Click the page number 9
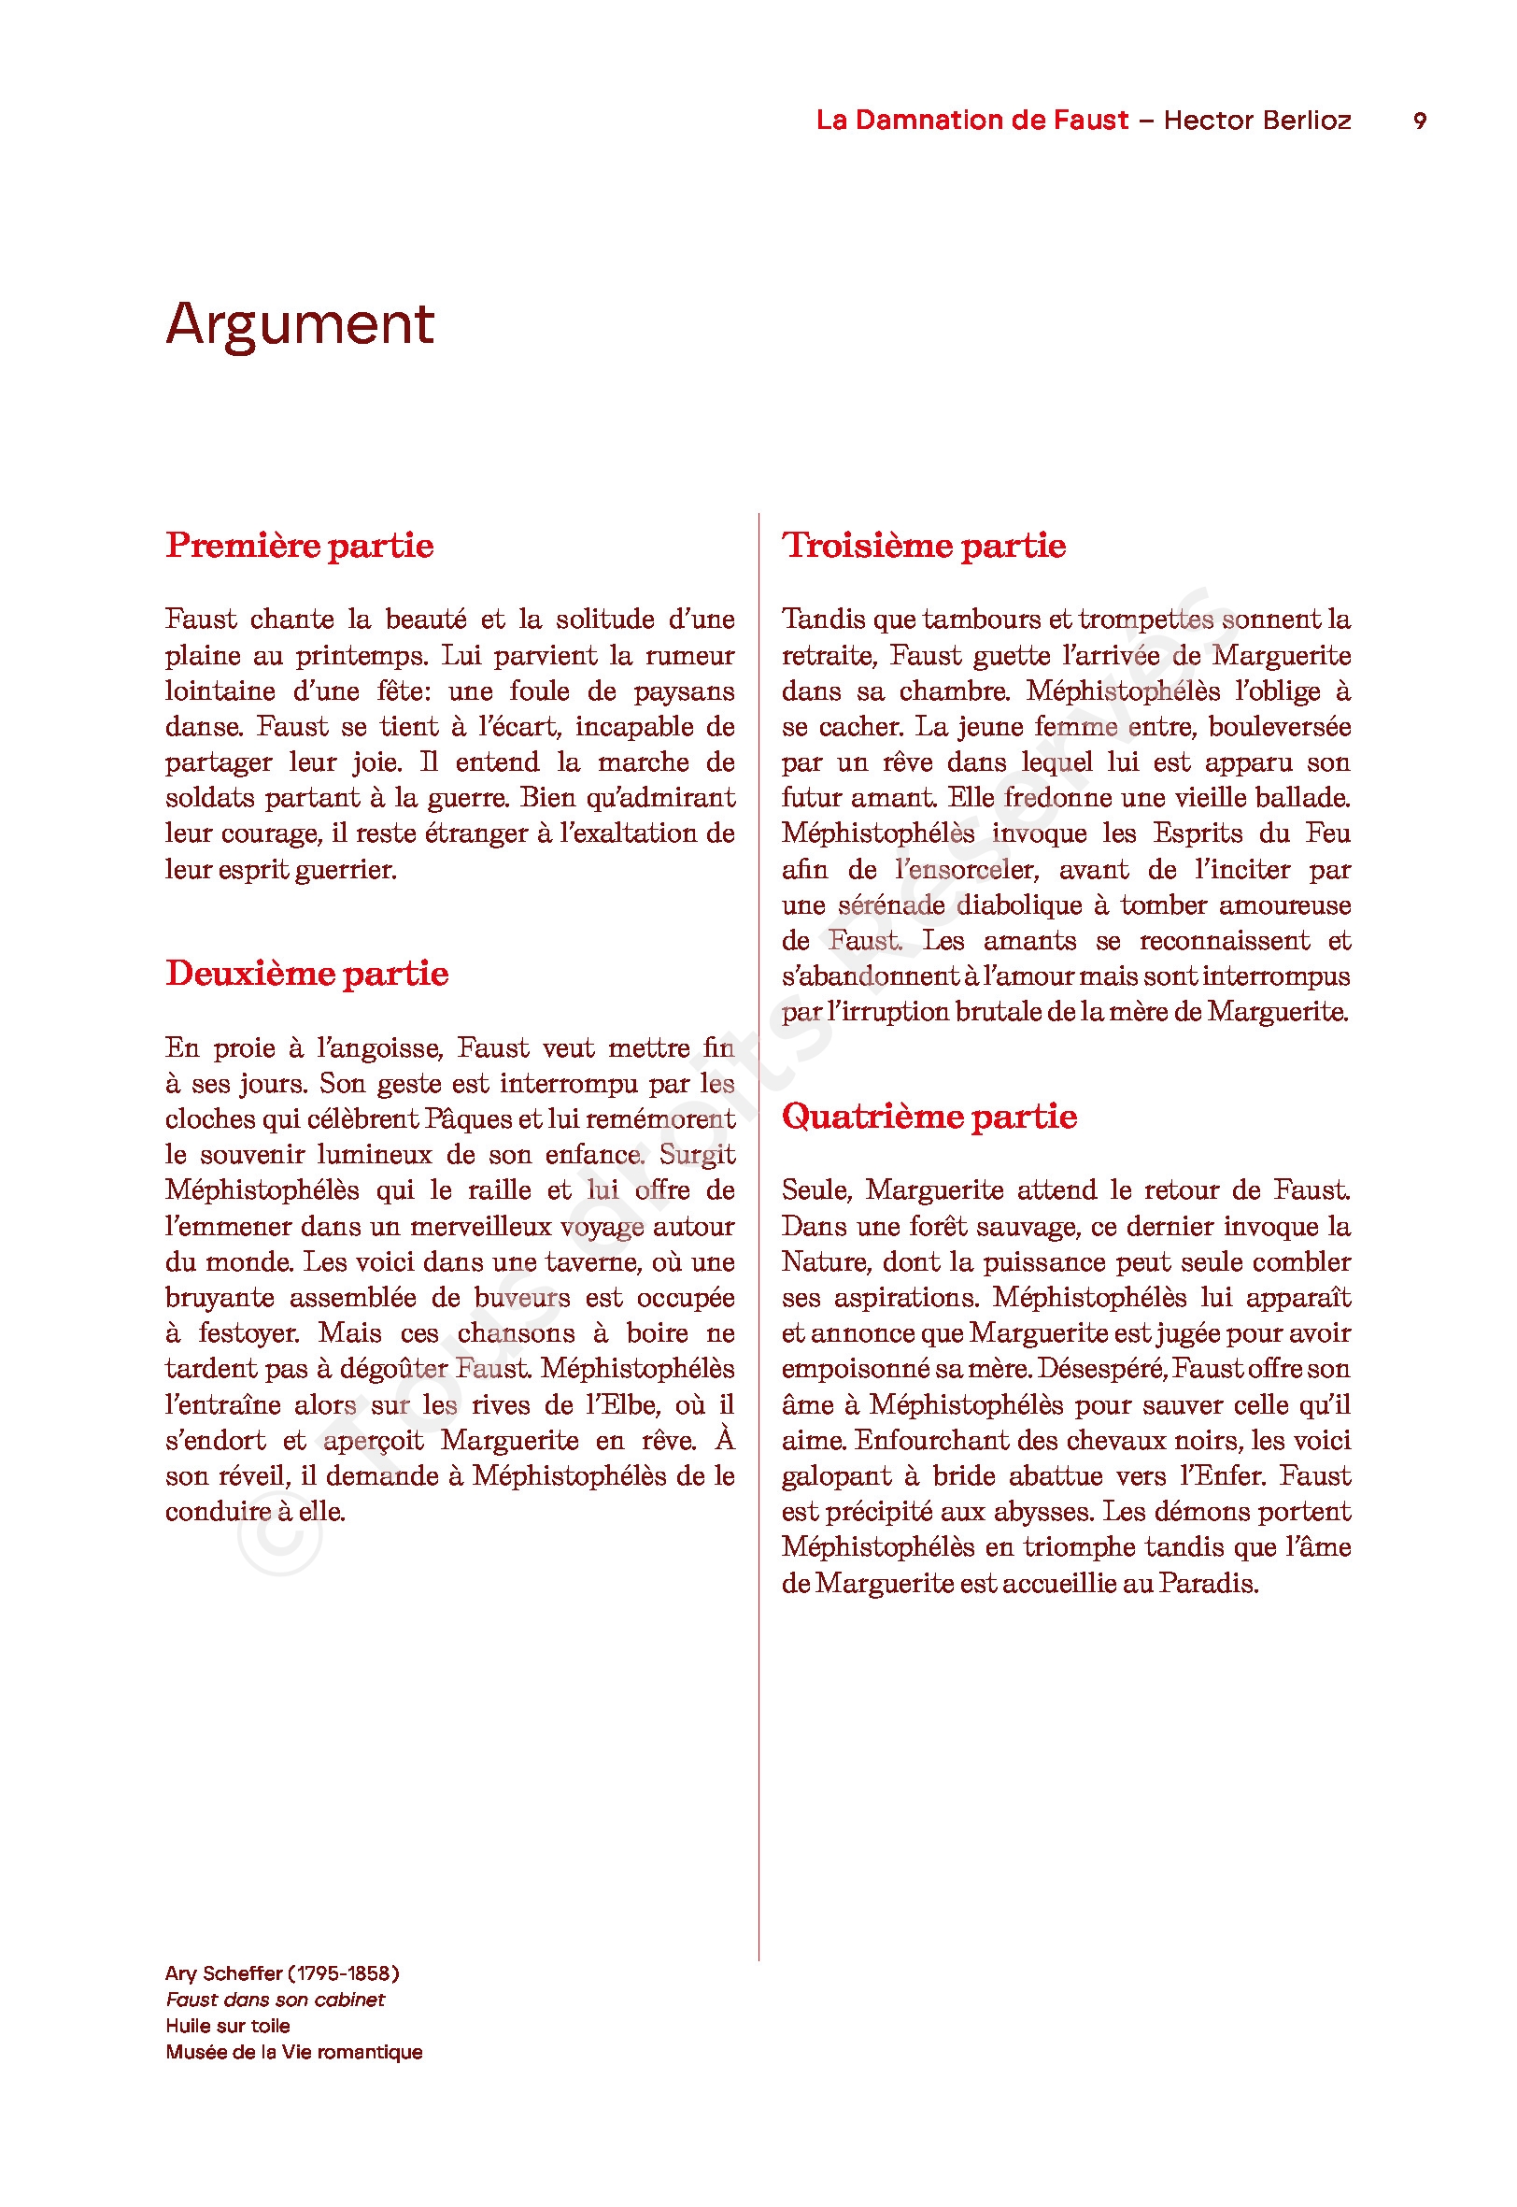[x=1419, y=121]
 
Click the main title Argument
[x=300, y=324]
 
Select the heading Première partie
[x=300, y=546]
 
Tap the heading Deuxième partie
[x=306, y=974]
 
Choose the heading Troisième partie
[x=923, y=546]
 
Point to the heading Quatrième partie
[x=929, y=1116]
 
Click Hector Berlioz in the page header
[x=1256, y=121]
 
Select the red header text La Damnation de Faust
[x=971, y=121]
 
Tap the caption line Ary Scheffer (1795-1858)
[x=281, y=1973]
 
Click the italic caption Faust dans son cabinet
[x=275, y=2000]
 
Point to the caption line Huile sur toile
[x=227, y=2026]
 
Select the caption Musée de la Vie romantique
[x=293, y=2052]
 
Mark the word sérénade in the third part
[x=890, y=905]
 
